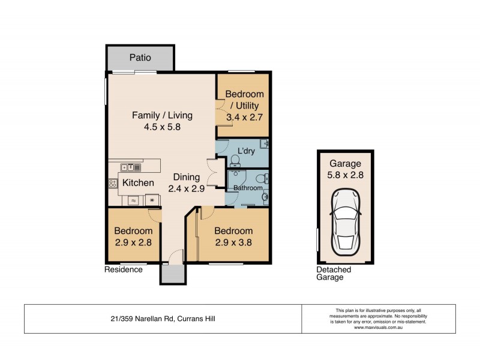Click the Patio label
click(140, 58)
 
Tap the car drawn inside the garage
click(345, 220)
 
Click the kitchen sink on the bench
click(130, 167)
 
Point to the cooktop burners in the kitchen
click(112, 183)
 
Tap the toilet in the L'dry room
click(235, 159)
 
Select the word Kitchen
click(139, 182)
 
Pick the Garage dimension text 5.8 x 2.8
click(345, 176)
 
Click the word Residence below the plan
click(124, 270)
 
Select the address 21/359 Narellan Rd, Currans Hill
click(163, 319)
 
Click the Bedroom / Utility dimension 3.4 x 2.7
click(244, 118)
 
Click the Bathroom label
click(248, 188)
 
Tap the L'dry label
click(247, 150)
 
